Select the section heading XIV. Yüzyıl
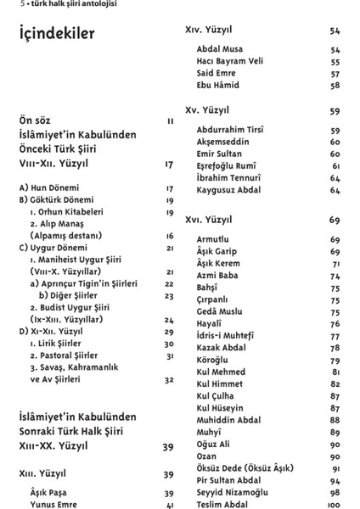coord(214,31)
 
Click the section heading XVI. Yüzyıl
coord(214,221)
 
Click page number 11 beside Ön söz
coord(171,121)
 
